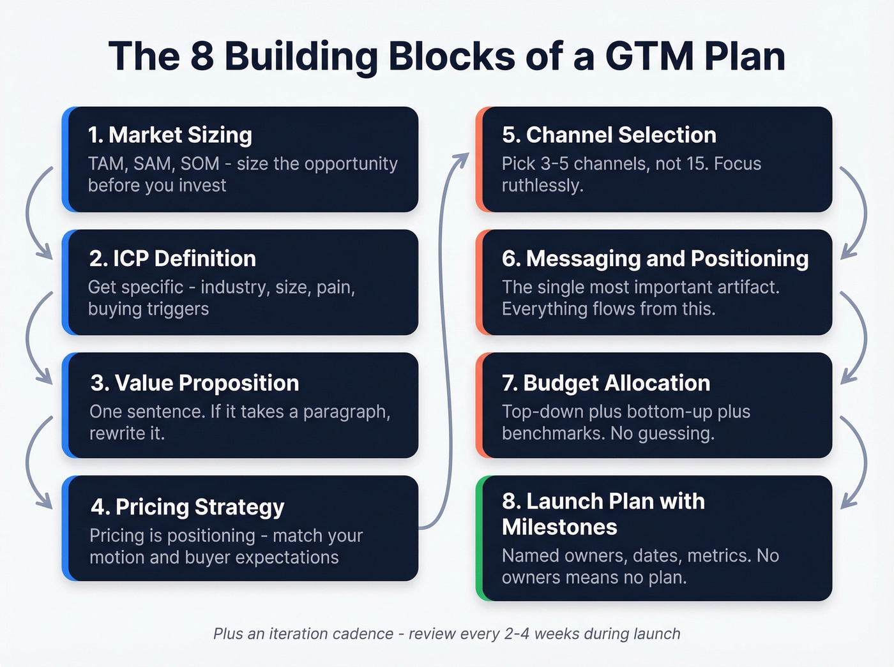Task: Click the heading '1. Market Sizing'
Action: (x=170, y=135)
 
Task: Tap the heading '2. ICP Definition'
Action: (x=172, y=259)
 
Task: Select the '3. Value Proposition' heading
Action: (x=195, y=383)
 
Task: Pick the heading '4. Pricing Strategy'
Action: (x=187, y=507)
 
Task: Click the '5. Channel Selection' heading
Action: (x=609, y=135)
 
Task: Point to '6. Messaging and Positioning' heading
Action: (x=655, y=259)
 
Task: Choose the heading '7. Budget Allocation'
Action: (x=606, y=383)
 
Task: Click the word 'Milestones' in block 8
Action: (x=559, y=527)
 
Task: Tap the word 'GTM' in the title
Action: (x=649, y=56)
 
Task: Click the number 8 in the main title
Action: (x=202, y=56)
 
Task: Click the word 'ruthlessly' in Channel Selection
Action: (x=541, y=186)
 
